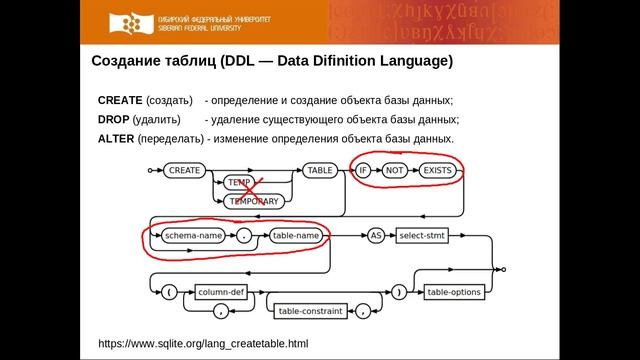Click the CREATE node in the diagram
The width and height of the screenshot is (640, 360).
(x=185, y=171)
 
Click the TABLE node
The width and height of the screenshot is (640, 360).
(x=320, y=171)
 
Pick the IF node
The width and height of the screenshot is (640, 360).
(x=364, y=171)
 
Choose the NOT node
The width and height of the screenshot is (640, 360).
(x=396, y=171)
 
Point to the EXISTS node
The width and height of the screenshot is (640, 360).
(x=438, y=171)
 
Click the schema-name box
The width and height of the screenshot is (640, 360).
(x=194, y=236)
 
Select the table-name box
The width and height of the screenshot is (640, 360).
(x=295, y=236)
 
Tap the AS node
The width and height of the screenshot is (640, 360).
(x=376, y=236)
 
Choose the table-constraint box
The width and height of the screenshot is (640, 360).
(x=310, y=311)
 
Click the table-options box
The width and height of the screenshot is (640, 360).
(x=455, y=292)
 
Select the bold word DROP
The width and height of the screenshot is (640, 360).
(x=113, y=120)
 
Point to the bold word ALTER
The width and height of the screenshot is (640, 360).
(x=116, y=138)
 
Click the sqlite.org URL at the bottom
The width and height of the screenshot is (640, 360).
(x=203, y=343)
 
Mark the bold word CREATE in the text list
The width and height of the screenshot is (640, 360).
(x=120, y=101)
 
